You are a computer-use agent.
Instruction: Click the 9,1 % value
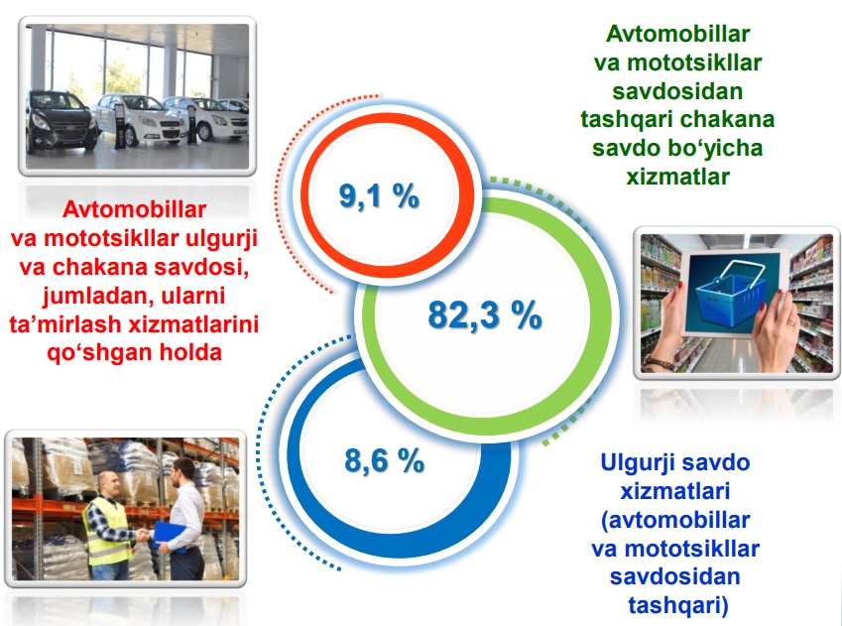coord(379,195)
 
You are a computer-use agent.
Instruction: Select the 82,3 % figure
coord(485,314)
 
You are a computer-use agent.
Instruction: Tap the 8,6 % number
coord(385,460)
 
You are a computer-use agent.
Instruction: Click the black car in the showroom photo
coord(60,120)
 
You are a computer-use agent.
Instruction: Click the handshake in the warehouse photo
coord(143,534)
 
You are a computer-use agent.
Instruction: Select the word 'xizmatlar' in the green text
coord(677,177)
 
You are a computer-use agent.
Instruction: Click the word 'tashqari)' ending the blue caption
coord(678,605)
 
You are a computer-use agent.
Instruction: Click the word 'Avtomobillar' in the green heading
coord(677,34)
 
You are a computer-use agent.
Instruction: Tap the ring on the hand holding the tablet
coord(790,322)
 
